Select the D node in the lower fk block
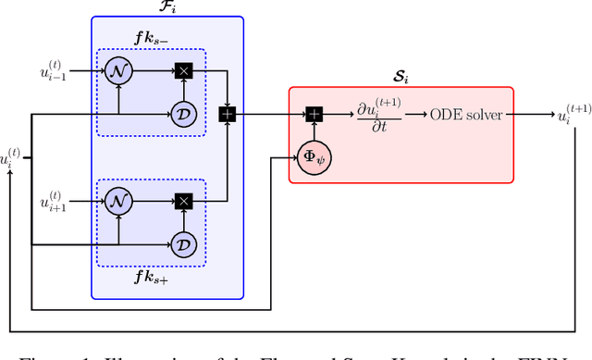coord(183,244)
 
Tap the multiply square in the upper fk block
coord(183,70)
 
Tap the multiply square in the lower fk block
coord(183,200)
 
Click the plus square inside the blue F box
coord(227,114)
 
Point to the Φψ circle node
coord(314,156)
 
